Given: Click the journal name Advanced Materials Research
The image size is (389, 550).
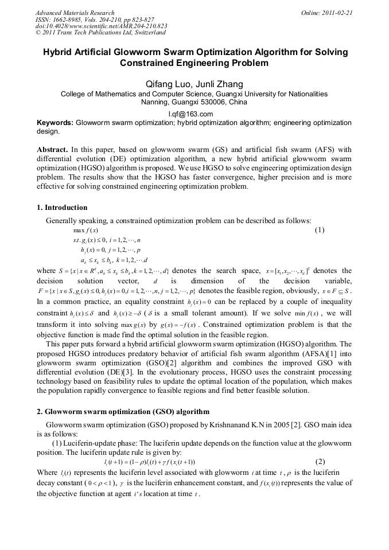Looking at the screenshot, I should coord(75,12).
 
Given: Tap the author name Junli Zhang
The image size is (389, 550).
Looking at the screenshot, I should coord(219,84).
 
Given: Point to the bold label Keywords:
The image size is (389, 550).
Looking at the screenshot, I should coord(55,123).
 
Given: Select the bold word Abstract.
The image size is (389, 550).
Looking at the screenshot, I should coord(52,150).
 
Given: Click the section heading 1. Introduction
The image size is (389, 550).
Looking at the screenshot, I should coord(62,208).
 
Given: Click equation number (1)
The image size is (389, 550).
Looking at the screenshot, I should coord(320,230).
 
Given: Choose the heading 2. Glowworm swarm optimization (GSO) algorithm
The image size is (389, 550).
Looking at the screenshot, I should coord(123,412).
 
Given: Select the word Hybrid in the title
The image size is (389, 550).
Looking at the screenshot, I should coord(61,52).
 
